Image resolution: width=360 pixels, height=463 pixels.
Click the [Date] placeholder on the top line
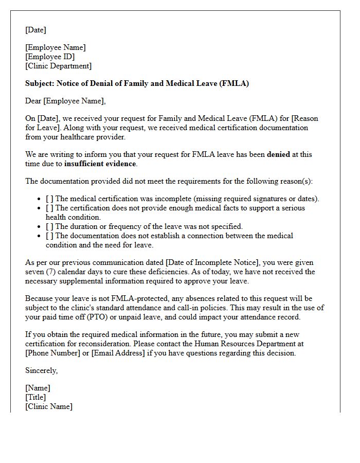(x=35, y=30)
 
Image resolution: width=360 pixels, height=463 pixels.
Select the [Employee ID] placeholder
(x=50, y=57)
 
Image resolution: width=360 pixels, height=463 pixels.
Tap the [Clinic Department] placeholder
(x=58, y=66)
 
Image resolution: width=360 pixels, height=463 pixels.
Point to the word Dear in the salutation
(x=33, y=101)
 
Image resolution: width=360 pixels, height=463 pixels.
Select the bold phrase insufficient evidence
(x=100, y=164)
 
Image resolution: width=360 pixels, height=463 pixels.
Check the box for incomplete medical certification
(x=49, y=199)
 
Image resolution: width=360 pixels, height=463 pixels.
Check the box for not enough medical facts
(x=49, y=208)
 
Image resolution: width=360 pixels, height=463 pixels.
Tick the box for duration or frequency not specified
(x=49, y=226)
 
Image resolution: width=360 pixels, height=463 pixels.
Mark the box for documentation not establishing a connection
(x=49, y=236)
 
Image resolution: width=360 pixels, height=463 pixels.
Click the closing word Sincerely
(x=41, y=370)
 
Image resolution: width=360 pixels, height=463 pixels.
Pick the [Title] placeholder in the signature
(x=35, y=397)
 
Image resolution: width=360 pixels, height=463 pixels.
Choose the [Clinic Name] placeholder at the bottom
(x=49, y=406)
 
